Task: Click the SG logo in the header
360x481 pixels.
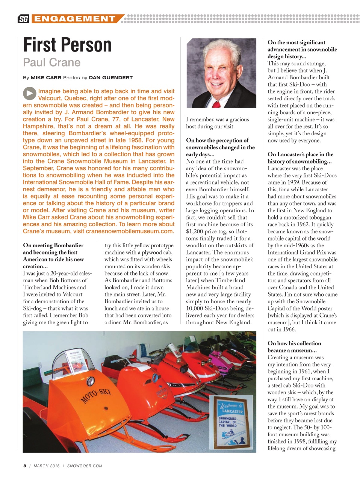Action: [23, 19]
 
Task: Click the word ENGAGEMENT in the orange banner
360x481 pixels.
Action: [74, 19]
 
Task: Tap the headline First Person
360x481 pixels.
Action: [67, 45]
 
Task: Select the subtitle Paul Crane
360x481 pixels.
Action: [51, 62]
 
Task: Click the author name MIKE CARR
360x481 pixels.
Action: [46, 78]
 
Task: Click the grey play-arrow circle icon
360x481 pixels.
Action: [29, 94]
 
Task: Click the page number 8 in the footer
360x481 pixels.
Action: [25, 466]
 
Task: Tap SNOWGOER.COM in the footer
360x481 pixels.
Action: [85, 466]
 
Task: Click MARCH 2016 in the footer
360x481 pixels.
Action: [47, 466]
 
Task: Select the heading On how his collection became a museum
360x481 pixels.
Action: [294, 347]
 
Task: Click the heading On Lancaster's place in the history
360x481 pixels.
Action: [300, 158]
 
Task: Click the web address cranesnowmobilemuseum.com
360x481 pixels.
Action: [130, 231]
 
